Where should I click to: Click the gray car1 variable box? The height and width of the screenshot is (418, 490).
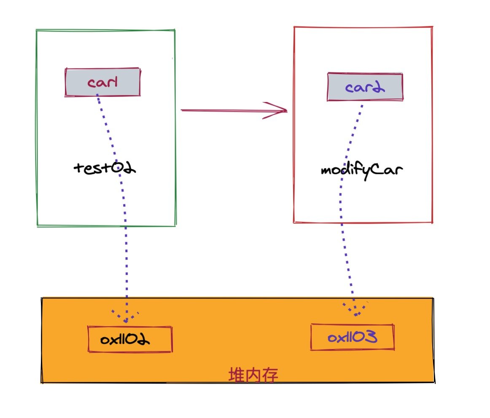102,82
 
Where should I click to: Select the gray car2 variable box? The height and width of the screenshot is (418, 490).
365,87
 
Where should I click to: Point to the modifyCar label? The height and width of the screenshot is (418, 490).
362,171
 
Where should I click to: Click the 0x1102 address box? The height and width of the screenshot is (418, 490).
130,339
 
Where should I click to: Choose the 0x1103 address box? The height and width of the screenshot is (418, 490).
353,337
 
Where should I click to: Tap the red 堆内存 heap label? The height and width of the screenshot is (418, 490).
253,375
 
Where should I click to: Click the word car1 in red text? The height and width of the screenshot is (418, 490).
102,82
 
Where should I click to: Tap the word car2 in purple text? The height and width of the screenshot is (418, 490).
365,87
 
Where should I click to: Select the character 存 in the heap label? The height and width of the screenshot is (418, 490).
270,375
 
